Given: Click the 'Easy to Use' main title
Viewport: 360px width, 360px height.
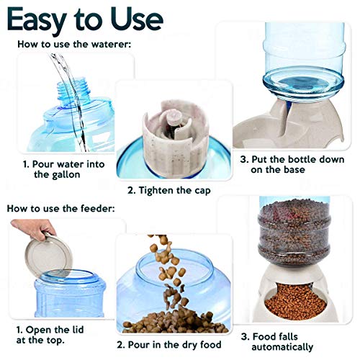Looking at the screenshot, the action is (x=85, y=20).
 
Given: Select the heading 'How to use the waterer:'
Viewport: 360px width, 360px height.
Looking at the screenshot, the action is (x=74, y=44).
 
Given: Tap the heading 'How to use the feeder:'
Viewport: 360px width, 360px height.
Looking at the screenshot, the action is (x=61, y=208).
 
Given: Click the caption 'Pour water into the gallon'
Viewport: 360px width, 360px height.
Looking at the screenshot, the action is (x=64, y=169).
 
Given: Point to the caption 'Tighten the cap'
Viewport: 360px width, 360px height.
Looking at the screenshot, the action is (x=169, y=191).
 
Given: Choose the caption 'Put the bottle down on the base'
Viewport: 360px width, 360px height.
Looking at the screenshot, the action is (x=292, y=164).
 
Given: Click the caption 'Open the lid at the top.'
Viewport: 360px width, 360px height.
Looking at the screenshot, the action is (x=50, y=335).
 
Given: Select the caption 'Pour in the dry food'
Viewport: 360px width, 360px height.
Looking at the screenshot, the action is (x=169, y=345).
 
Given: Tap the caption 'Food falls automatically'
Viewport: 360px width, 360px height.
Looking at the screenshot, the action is (x=277, y=342).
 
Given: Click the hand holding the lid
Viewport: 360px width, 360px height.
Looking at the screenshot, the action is (x=34, y=229).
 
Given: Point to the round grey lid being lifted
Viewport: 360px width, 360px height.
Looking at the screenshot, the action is (x=48, y=256).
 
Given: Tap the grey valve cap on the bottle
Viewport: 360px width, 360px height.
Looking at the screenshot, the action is (x=175, y=138).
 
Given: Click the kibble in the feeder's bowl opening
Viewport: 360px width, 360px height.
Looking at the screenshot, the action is (x=296, y=301).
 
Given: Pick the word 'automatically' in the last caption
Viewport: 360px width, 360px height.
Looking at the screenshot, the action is (x=282, y=347).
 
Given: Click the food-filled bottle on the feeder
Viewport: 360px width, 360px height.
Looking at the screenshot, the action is (x=294, y=232).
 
